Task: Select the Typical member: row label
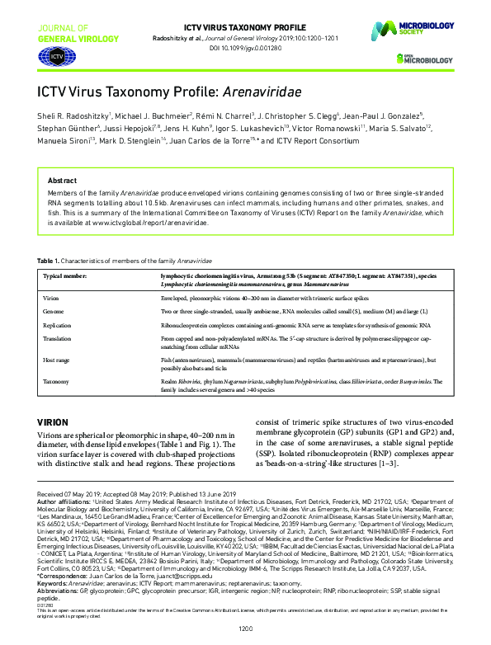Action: [65, 276]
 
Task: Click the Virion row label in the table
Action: [52, 294]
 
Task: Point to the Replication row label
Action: [59, 327]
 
